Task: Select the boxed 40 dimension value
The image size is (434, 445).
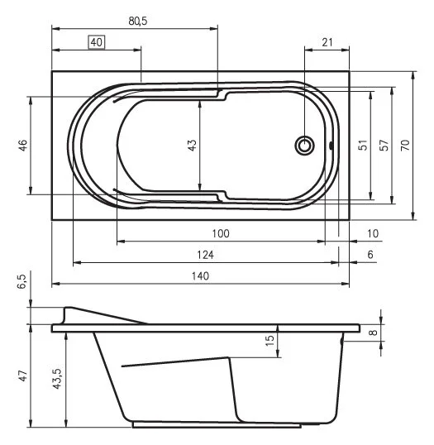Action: click(x=97, y=42)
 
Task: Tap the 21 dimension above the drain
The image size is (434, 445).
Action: click(x=327, y=42)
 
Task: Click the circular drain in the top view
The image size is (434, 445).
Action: click(x=306, y=146)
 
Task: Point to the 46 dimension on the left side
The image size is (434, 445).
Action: click(x=23, y=146)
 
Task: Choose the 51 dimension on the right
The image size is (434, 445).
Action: click(x=361, y=146)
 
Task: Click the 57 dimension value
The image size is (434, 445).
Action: click(x=382, y=146)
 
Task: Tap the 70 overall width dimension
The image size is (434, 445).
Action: click(x=404, y=146)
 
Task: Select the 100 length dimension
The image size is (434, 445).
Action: click(x=220, y=234)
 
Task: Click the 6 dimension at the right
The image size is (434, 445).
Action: click(x=370, y=255)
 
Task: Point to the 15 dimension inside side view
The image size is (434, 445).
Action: click(x=269, y=341)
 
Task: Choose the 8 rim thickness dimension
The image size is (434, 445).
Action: click(x=373, y=333)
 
